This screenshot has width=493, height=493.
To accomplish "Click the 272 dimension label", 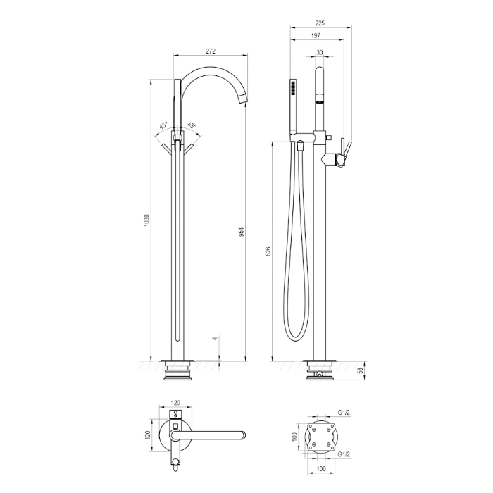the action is click(211, 51).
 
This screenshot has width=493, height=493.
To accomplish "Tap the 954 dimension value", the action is click(242, 232).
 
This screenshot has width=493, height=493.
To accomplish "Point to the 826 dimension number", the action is click(268, 252).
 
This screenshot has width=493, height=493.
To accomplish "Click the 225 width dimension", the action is click(320, 23).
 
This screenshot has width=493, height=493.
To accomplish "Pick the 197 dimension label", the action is click(316, 35).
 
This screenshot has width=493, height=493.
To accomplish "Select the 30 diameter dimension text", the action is click(320, 53).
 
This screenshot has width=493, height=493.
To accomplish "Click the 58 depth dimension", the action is click(361, 370).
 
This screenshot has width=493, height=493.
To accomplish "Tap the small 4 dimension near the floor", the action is click(215, 339).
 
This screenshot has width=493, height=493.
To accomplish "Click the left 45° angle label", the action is click(163, 125).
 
